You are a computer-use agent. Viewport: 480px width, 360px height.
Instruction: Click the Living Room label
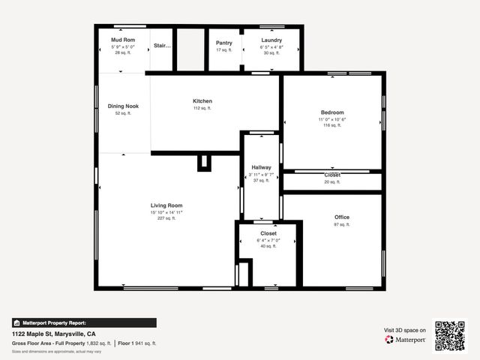tap(166, 205)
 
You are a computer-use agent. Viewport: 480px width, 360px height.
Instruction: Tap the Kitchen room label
tap(202, 101)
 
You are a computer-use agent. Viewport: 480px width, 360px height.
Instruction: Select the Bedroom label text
tap(332, 112)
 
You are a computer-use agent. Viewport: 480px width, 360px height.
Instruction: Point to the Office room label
tap(342, 217)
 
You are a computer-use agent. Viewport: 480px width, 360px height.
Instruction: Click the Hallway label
tap(262, 167)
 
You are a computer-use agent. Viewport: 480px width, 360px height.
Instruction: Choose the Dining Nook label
tap(123, 106)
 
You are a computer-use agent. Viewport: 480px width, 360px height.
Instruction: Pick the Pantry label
tap(223, 43)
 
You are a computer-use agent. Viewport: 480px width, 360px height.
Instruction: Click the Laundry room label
tap(271, 40)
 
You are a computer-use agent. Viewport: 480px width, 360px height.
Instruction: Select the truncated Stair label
tap(163, 46)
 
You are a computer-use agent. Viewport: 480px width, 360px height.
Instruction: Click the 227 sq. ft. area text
tap(166, 218)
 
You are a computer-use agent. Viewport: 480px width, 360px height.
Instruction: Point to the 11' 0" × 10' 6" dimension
tap(332, 119)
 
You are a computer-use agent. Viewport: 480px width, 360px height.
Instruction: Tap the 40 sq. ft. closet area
tap(268, 246)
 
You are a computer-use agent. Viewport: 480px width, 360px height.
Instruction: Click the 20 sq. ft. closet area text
tap(332, 181)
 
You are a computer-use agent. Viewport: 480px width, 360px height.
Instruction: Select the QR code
tap(450, 336)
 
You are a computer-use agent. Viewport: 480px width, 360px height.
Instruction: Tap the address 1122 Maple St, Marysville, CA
tap(53, 333)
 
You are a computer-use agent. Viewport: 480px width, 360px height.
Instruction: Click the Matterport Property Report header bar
tap(84, 322)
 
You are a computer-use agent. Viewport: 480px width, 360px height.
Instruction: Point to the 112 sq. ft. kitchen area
tap(202, 108)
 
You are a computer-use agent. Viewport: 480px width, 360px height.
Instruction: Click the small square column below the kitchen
tap(204, 163)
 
